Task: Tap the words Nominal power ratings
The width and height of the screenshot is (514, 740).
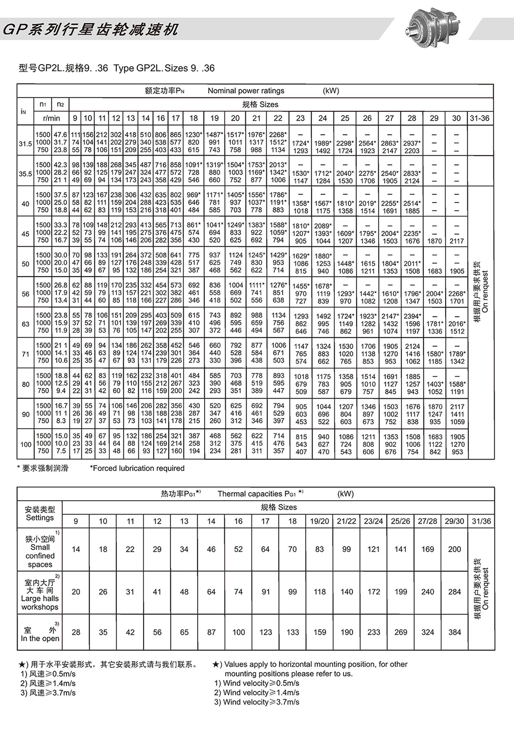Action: click(246, 91)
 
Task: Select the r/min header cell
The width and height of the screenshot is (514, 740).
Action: click(51, 118)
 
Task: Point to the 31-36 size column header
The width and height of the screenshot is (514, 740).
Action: click(480, 118)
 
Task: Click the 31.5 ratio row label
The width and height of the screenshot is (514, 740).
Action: click(25, 144)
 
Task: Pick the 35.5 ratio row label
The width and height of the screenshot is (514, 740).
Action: click(25, 174)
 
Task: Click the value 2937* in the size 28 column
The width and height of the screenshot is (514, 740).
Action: click(412, 143)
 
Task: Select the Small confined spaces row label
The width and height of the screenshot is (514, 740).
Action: click(40, 552)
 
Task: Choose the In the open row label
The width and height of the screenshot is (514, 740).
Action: click(40, 634)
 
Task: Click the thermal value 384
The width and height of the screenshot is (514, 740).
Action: click(455, 632)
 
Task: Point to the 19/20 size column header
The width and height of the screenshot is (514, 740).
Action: click(320, 521)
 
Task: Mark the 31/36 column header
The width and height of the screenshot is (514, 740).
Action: click(481, 521)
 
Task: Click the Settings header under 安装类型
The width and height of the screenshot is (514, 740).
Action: click(40, 518)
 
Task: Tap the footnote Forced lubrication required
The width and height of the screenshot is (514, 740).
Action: click(137, 468)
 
